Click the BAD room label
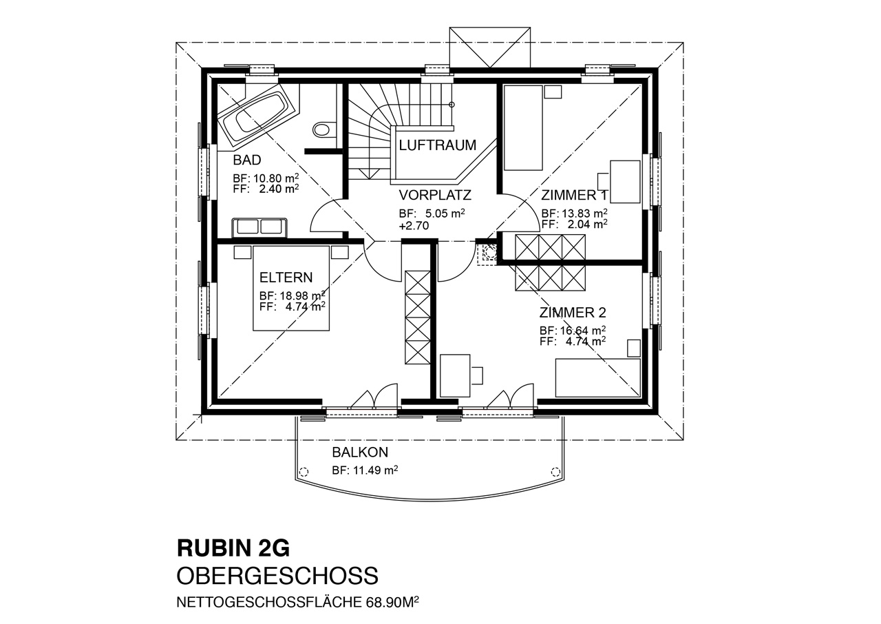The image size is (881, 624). [247, 160]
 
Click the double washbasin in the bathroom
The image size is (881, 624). [259, 227]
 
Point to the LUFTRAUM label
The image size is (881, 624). [437, 145]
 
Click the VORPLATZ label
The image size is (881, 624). [435, 195]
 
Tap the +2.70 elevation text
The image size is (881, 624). [414, 226]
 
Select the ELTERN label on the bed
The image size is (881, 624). [286, 278]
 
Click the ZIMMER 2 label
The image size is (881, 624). [573, 313]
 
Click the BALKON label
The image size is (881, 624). [360, 453]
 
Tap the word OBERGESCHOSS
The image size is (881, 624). [277, 576]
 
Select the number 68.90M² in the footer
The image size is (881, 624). [392, 602]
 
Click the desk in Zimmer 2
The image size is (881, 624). [455, 376]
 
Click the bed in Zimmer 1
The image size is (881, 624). [523, 128]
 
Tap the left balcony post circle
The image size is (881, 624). [304, 472]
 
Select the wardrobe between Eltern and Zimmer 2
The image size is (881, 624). [418, 317]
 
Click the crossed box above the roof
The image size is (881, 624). [489, 48]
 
